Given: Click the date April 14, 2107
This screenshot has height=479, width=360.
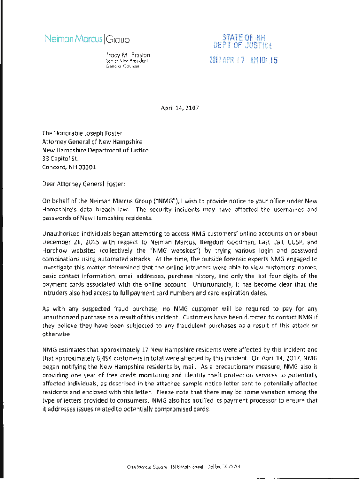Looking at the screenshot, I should [x=179, y=108].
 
